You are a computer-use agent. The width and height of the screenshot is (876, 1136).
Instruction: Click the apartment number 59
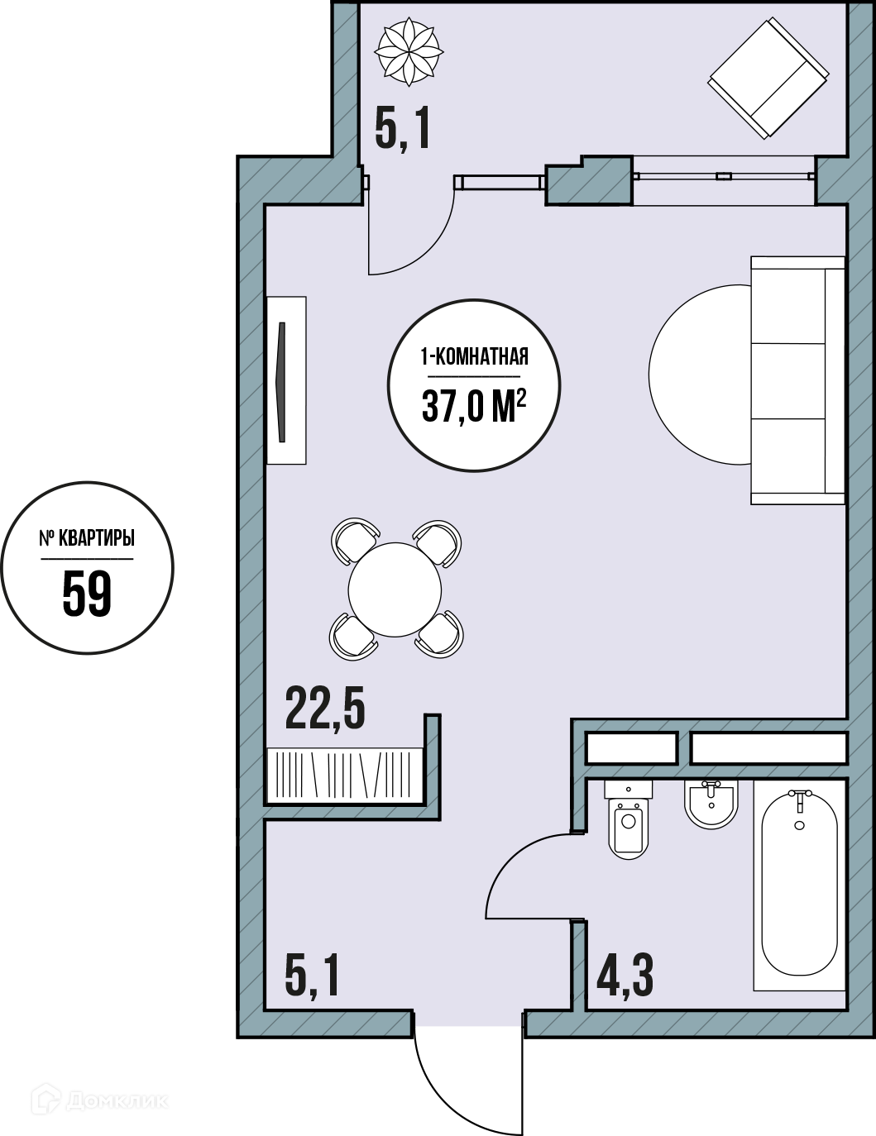88,593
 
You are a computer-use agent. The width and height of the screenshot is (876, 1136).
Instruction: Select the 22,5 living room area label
325,708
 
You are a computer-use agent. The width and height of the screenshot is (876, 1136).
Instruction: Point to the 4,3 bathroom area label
625,976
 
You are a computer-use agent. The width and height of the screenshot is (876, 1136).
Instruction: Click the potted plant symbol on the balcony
409,51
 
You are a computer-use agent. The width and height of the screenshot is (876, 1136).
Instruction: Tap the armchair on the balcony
768,78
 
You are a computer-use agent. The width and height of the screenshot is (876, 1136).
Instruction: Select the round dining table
395,589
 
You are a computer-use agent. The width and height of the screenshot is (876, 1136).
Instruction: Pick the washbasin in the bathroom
711,804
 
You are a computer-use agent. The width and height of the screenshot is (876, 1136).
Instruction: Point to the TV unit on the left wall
286,380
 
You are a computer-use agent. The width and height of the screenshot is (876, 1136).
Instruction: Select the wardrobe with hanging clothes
345,775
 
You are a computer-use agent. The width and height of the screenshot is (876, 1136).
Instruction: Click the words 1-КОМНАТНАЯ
474,357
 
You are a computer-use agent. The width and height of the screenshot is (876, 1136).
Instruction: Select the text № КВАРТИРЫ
88,539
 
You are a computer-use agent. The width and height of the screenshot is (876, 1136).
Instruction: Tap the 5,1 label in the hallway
313,976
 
